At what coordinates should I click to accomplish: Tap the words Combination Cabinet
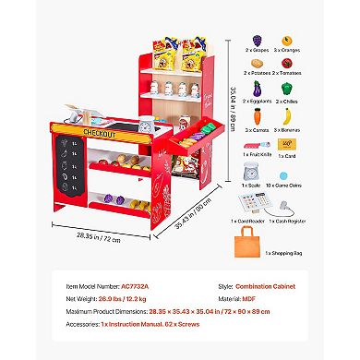(x=262, y=286)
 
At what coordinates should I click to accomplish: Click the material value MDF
(x=250, y=299)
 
